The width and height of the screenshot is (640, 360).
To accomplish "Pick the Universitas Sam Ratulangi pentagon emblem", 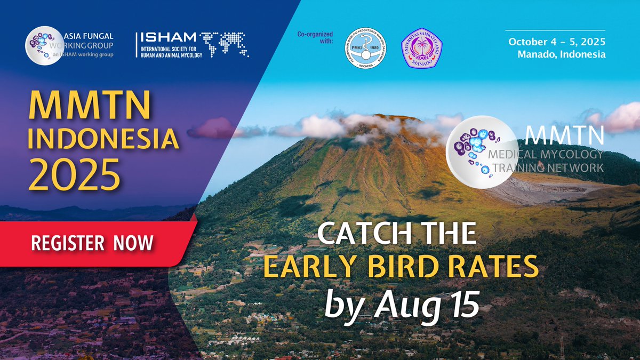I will (x=421, y=47).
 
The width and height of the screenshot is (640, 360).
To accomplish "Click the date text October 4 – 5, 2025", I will (x=557, y=42).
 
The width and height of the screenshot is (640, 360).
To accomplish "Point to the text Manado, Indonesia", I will (x=562, y=54).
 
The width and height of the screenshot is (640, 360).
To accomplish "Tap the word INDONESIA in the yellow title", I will (x=103, y=139).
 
